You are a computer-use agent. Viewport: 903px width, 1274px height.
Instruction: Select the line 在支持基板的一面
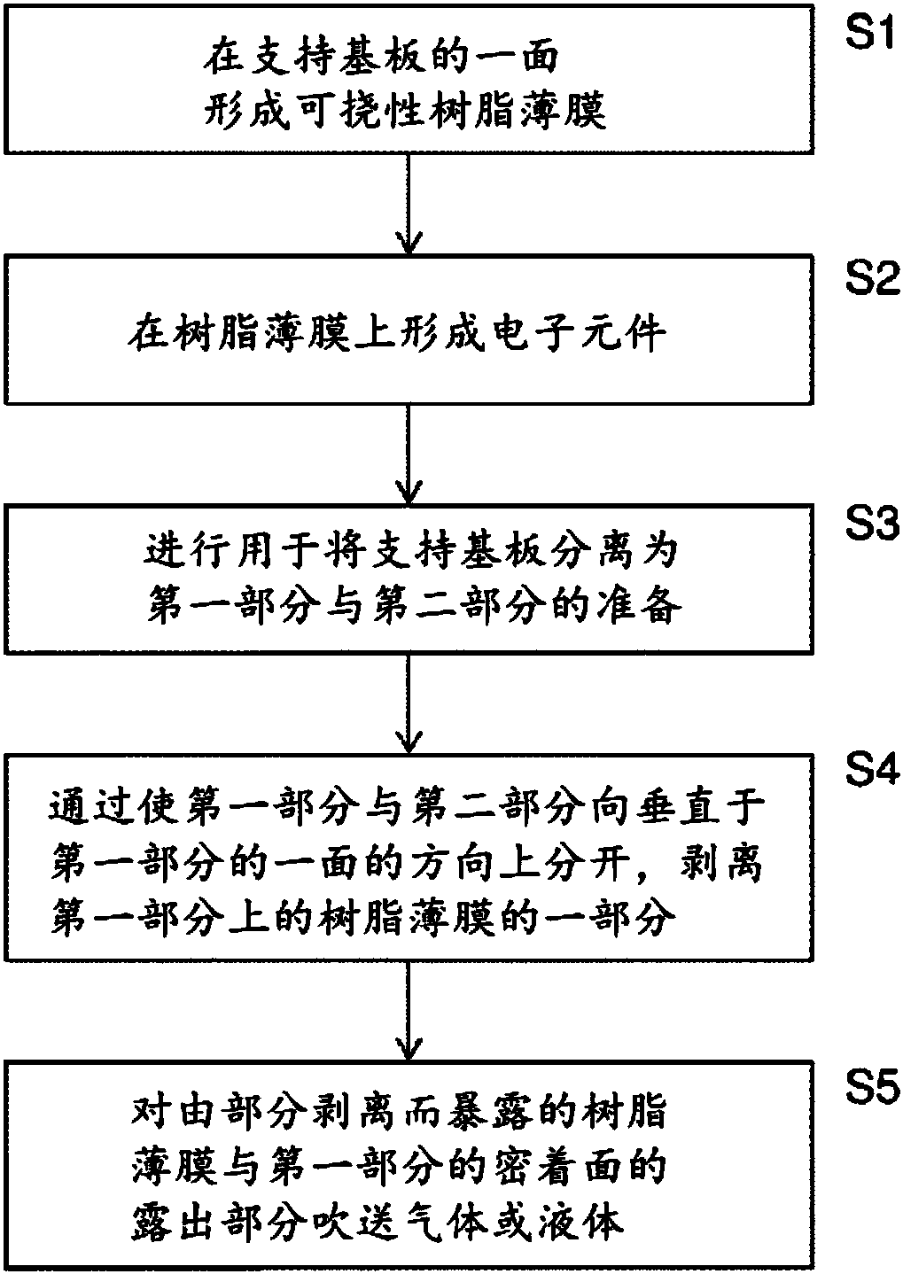click(x=381, y=58)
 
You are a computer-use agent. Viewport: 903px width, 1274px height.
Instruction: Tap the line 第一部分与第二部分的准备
click(x=414, y=603)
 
